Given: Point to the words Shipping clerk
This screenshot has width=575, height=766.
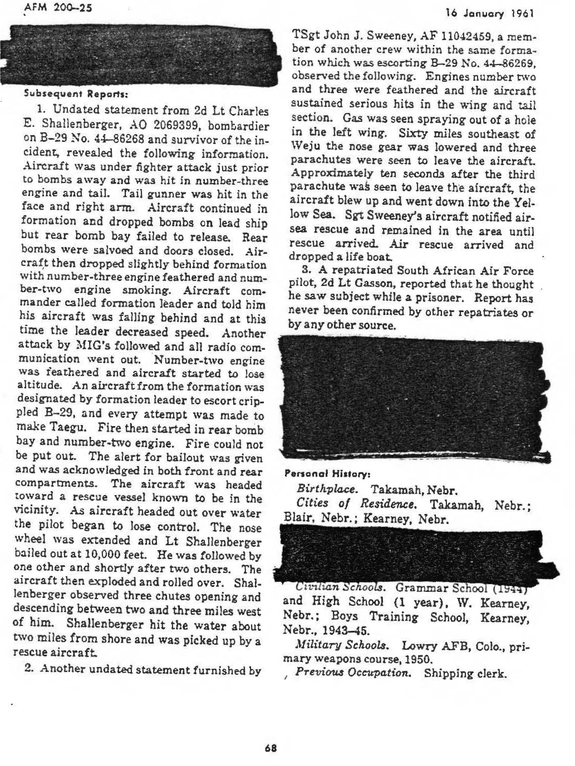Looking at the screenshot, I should click(x=465, y=673).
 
